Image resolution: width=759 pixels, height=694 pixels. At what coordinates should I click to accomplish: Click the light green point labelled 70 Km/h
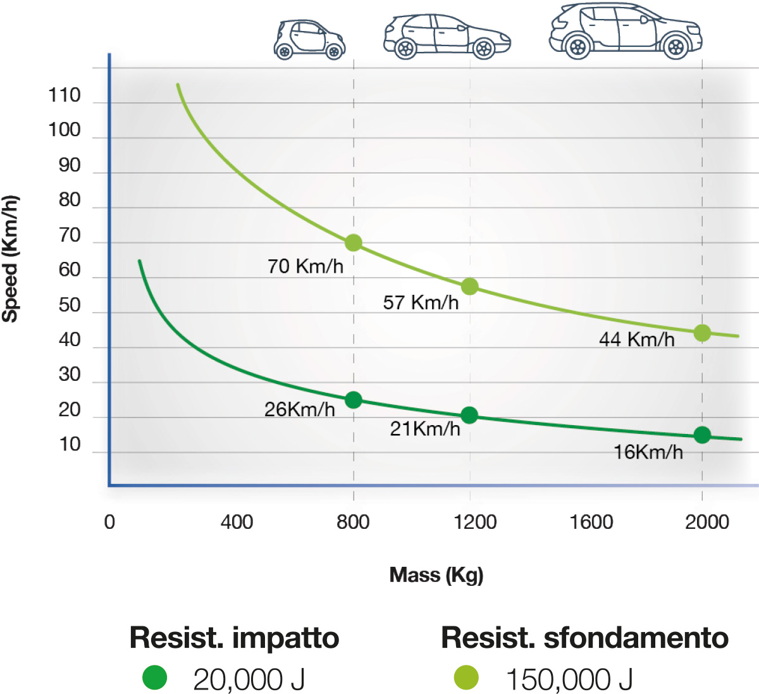point(354,243)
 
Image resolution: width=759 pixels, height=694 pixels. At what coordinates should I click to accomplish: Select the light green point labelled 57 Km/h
point(469,287)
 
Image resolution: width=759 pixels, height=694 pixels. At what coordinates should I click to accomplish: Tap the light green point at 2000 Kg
point(702,333)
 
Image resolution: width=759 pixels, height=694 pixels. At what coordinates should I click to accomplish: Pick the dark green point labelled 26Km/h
point(354,400)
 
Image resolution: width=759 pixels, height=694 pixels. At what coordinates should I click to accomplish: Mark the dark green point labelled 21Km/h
point(469,415)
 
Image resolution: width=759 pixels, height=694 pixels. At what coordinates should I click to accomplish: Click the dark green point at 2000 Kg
point(702,435)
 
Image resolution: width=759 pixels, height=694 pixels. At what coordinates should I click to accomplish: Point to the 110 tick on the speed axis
point(65,96)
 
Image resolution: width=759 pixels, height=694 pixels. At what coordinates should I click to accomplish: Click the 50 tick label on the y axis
point(70,305)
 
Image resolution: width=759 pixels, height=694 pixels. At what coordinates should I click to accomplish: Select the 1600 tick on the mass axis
point(591,522)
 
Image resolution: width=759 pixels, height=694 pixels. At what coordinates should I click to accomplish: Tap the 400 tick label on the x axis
point(237,522)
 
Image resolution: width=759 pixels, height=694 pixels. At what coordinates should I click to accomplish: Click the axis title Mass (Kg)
point(436,574)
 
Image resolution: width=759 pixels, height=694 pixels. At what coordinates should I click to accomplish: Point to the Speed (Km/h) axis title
point(10,259)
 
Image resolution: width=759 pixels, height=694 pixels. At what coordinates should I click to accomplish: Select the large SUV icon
point(625,31)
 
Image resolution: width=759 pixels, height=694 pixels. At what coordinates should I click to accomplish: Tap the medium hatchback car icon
point(447,37)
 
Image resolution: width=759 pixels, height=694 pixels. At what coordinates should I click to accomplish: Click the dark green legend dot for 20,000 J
point(154,678)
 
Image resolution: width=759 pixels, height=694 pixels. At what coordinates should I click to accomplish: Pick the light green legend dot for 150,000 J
point(466,678)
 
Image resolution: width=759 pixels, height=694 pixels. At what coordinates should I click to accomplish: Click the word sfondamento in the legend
point(636,638)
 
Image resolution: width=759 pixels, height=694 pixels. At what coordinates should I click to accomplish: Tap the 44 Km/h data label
point(636,340)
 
